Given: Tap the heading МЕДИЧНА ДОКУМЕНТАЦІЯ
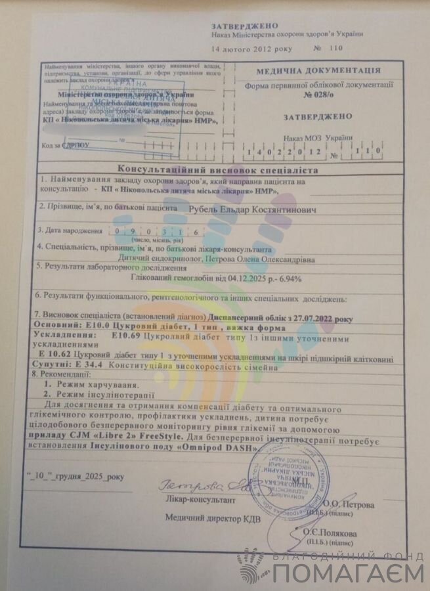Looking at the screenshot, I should pos(318,71).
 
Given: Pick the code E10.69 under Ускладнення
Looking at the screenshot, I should pos(125,336).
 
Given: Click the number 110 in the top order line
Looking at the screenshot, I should pos(336,48).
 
